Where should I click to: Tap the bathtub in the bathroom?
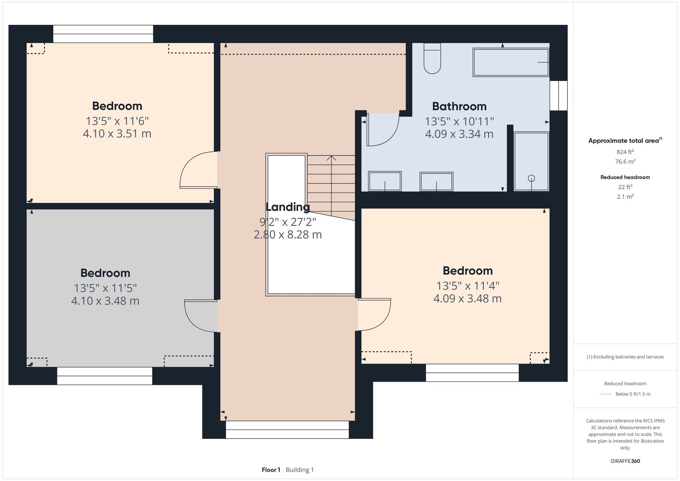point(510,62)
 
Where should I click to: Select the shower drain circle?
point(531,178)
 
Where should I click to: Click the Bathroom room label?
point(459,106)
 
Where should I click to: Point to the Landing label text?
point(288,207)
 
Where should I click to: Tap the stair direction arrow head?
point(331,158)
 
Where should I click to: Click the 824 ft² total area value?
point(625,152)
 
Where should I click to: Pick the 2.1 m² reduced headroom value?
point(625,196)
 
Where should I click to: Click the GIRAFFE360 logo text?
point(625,461)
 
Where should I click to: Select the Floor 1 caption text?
point(271,470)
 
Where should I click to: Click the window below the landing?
point(287,430)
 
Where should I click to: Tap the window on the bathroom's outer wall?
point(558,96)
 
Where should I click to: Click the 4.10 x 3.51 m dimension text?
point(117,134)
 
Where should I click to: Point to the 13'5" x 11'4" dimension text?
point(468,286)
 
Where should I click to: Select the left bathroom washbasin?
point(385,181)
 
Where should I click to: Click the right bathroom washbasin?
point(436,182)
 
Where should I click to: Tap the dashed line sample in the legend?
point(606,394)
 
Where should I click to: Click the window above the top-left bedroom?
point(103,34)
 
